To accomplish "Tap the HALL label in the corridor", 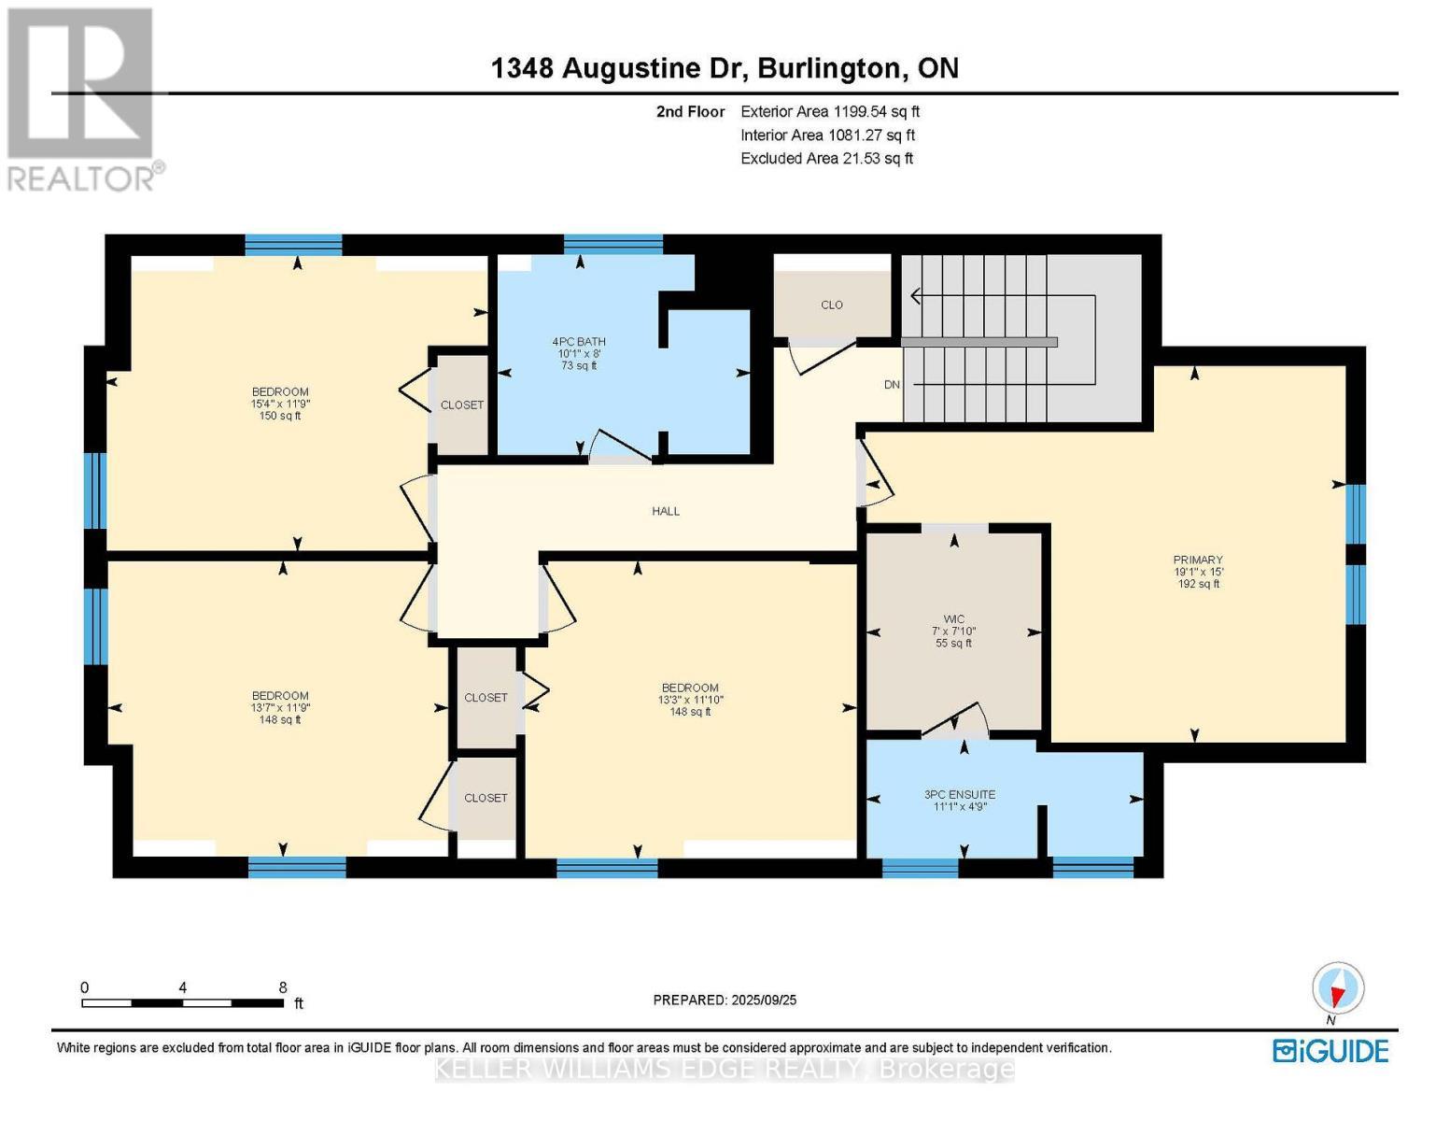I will (666, 511).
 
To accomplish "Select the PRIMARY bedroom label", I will (1198, 560).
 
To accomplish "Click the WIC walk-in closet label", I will (953, 619).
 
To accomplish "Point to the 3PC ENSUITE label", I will (959, 795).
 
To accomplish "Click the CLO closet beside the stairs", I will (831, 305).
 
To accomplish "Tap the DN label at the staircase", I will (892, 385).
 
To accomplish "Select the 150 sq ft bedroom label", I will (280, 404).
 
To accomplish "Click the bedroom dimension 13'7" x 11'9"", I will (280, 708).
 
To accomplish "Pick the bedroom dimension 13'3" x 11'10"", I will (690, 700).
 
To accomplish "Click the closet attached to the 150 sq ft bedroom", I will (461, 404).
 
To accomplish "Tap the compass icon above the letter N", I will (1338, 988).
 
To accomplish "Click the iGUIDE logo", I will (1330, 1051).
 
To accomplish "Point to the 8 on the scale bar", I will (282, 987).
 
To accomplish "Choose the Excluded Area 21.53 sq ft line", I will (826, 159).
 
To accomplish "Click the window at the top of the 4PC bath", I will (613, 245).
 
